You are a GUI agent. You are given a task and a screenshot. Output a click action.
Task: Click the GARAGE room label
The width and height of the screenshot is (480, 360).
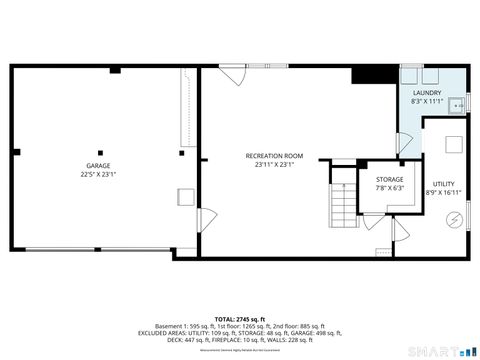pyautogui.click(x=97, y=165)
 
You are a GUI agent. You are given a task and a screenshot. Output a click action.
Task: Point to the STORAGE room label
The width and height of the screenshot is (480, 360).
pyautogui.click(x=389, y=179)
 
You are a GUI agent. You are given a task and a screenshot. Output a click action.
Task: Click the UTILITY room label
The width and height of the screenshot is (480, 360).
pyautogui.click(x=442, y=184)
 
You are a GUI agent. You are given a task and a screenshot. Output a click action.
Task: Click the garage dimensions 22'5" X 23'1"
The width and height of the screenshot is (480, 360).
pyautogui.click(x=97, y=174)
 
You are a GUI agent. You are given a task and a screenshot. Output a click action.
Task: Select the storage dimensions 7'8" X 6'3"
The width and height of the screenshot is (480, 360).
pyautogui.click(x=389, y=188)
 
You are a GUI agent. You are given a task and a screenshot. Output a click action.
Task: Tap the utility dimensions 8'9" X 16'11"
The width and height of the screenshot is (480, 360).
pyautogui.click(x=443, y=193)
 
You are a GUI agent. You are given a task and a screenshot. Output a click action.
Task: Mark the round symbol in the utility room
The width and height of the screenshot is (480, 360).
pyautogui.click(x=450, y=221)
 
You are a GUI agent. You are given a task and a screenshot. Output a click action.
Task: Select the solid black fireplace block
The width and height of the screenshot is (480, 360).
pyautogui.click(x=367, y=74)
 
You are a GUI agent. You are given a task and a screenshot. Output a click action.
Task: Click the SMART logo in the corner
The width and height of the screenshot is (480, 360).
pyautogui.click(x=440, y=350)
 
